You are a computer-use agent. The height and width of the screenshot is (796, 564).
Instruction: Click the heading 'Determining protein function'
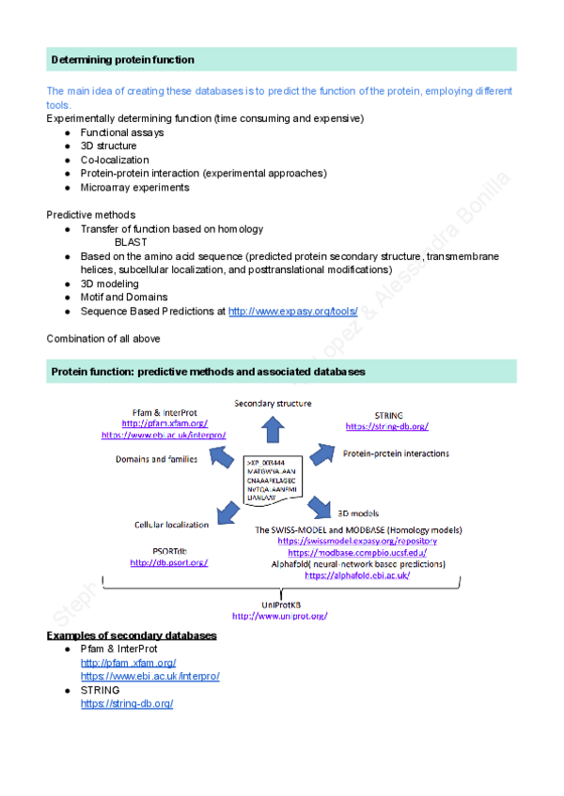pos(122,60)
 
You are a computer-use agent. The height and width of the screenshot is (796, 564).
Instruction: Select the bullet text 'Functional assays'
pos(121,132)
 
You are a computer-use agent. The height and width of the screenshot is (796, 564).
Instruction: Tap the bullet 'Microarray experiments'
pos(134,187)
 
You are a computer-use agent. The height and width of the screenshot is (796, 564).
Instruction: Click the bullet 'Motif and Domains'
pos(125,297)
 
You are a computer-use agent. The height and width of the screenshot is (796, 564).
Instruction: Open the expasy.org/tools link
pos(293,311)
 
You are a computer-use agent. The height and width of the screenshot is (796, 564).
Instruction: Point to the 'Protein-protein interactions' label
pos(396,453)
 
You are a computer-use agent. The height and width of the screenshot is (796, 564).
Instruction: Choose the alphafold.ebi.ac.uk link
pos(356,575)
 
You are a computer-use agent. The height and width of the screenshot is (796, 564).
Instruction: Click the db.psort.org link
pos(168,562)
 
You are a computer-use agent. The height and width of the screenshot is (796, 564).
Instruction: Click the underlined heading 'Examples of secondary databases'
pos(132,635)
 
